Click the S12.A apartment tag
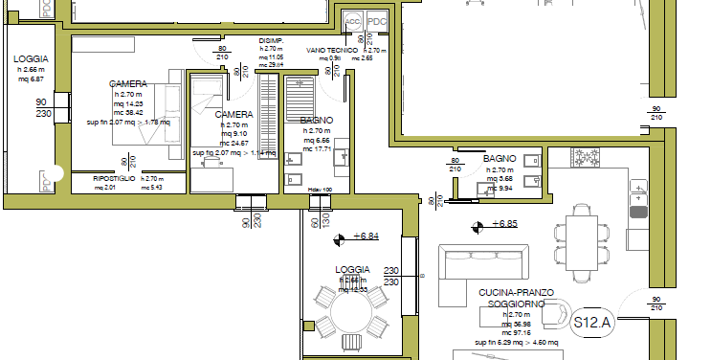click(592, 323)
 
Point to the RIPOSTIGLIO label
click(114, 179)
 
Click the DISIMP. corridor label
click(271, 41)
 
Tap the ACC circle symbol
click(352, 19)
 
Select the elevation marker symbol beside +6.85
click(476, 226)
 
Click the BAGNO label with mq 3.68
click(500, 158)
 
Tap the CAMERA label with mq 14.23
click(127, 84)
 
